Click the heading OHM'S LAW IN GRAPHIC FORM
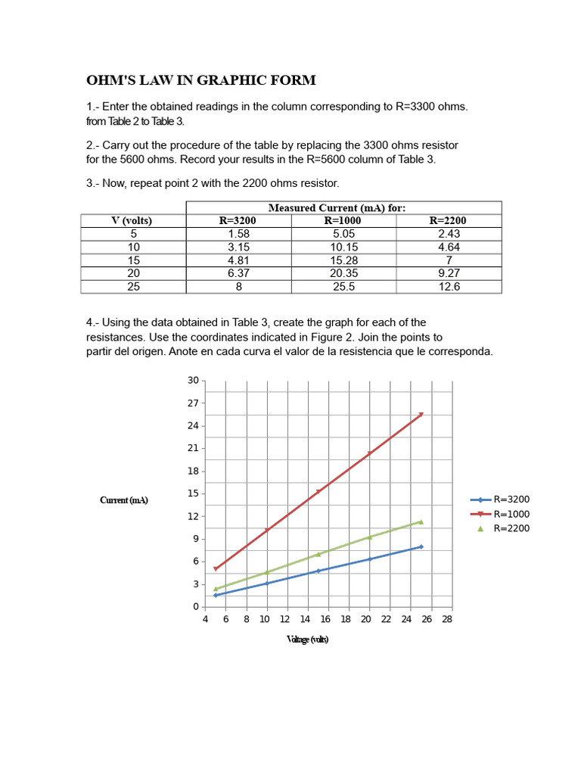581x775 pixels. [x=200, y=80]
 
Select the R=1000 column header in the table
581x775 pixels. [x=343, y=221]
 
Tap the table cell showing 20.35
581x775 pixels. [x=343, y=273]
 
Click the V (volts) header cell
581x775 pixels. [x=132, y=221]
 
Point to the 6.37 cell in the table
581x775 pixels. [x=238, y=273]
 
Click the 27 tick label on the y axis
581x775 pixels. [x=193, y=403]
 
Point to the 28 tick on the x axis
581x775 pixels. [x=446, y=619]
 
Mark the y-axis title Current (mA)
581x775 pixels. [x=124, y=500]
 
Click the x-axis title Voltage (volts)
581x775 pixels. [x=307, y=640]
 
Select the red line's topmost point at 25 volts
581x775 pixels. [x=421, y=414]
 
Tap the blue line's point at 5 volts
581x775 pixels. [x=216, y=595]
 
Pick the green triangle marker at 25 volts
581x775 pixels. [x=421, y=521]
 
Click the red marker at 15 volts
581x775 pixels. [x=318, y=491]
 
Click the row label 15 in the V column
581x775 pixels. [x=133, y=260]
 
